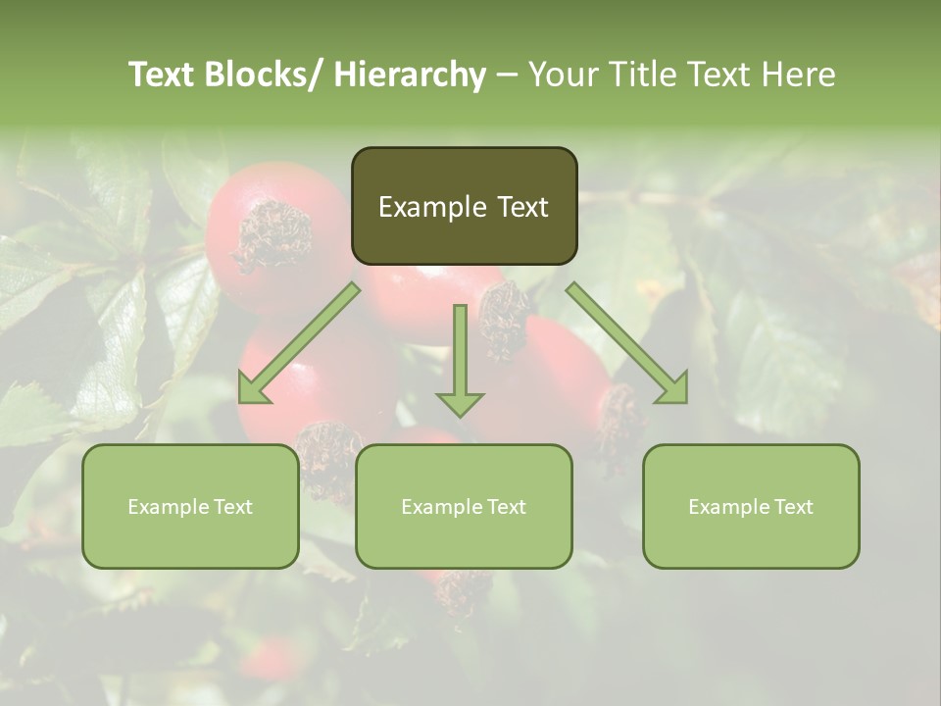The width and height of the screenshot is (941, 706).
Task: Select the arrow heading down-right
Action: click(x=627, y=343)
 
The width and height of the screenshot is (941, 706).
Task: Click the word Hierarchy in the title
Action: click(x=410, y=76)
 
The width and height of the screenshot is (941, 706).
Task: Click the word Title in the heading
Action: click(x=644, y=76)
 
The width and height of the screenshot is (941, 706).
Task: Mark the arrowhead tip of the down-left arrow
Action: click(x=241, y=401)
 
